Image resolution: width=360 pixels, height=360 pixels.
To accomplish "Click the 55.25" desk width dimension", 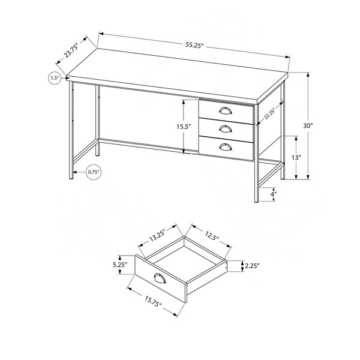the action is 194,45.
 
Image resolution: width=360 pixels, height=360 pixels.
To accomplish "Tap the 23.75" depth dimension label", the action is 71,50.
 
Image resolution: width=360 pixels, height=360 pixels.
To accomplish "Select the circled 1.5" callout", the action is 55,78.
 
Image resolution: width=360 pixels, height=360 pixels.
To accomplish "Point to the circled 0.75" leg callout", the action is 94,172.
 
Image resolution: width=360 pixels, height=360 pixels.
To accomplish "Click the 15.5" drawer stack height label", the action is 184,127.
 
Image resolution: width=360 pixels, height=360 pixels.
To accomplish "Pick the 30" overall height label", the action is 308,126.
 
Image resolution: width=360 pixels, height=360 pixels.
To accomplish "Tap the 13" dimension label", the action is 296,157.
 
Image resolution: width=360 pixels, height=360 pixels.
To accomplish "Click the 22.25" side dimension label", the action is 269,113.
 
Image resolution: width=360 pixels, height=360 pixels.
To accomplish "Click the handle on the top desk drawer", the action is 226,110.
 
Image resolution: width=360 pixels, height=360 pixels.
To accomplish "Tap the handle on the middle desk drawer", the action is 226,129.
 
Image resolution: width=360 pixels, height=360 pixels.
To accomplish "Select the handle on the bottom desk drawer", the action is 226,147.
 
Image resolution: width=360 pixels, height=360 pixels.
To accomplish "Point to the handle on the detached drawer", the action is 160,278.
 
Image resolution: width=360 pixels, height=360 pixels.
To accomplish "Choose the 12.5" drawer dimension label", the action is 212,235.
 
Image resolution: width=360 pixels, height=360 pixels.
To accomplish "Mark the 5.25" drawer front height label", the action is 120,265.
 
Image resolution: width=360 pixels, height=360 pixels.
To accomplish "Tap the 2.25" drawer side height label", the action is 252,266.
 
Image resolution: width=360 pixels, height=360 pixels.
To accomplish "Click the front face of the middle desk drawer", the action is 226,130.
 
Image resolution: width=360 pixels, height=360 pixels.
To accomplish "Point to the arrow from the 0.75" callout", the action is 79,172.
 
